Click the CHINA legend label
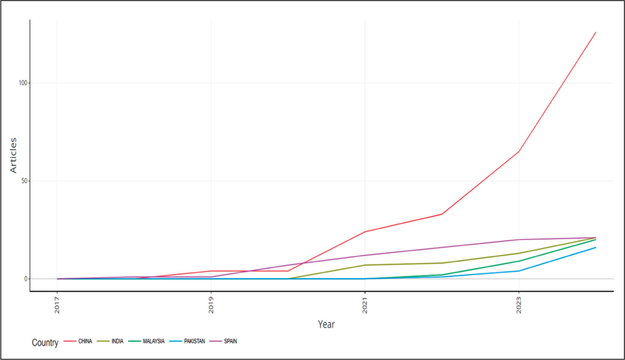(x=85, y=342)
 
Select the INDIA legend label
(x=117, y=342)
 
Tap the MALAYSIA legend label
(x=154, y=342)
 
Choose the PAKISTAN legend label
(x=194, y=342)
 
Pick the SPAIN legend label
(x=231, y=342)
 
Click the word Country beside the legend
(x=45, y=343)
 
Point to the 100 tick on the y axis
(x=23, y=83)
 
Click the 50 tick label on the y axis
(x=24, y=181)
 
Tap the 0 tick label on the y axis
(x=26, y=279)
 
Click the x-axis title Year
(x=326, y=324)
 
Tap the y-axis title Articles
(x=13, y=155)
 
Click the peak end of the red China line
(x=596, y=32)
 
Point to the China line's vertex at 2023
(x=519, y=152)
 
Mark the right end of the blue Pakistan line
(x=596, y=248)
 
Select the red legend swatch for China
(x=70, y=342)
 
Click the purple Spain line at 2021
(x=365, y=256)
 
